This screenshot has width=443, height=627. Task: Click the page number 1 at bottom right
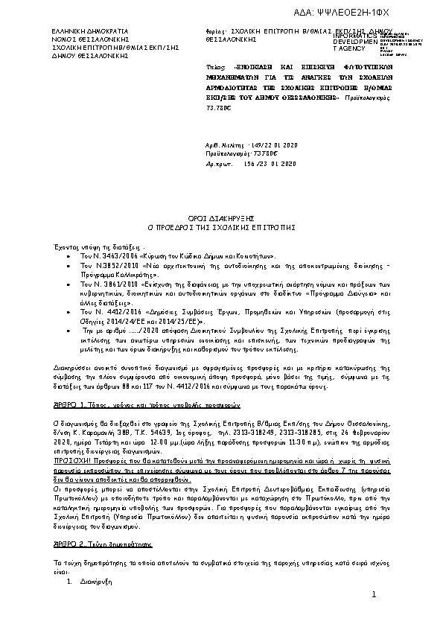coord(375,593)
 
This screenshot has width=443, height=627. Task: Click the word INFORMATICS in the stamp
coord(357,35)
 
